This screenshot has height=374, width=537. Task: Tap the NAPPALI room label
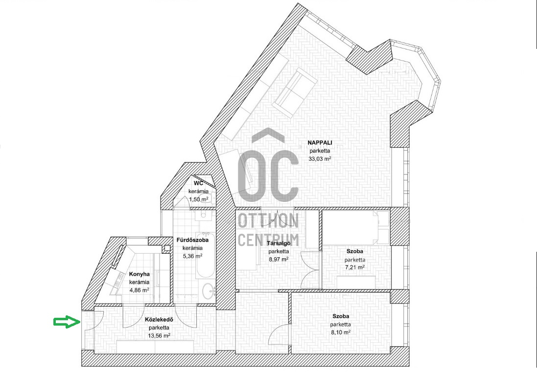coord(320,143)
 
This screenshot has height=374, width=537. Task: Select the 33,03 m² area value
coord(320,159)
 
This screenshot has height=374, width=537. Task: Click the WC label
coord(198,183)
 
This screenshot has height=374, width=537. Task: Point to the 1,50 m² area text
coord(199,199)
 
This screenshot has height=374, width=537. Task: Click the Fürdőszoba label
coord(192,240)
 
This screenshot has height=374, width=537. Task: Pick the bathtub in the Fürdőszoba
coord(206,255)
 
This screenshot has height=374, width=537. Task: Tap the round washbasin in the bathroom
coord(208,291)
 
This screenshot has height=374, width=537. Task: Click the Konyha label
coord(140,274)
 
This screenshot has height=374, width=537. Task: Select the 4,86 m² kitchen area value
coord(140,290)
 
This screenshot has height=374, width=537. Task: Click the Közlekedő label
coord(159,320)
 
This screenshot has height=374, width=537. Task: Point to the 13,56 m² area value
coord(159,336)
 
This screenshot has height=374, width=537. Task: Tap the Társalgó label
coord(279,243)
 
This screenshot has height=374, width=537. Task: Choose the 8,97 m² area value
coord(279,259)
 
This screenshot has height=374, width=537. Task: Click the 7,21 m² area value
coord(355,267)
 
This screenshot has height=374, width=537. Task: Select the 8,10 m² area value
coord(340,332)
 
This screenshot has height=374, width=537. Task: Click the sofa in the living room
coord(297,92)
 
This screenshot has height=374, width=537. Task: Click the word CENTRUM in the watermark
coord(268,240)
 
